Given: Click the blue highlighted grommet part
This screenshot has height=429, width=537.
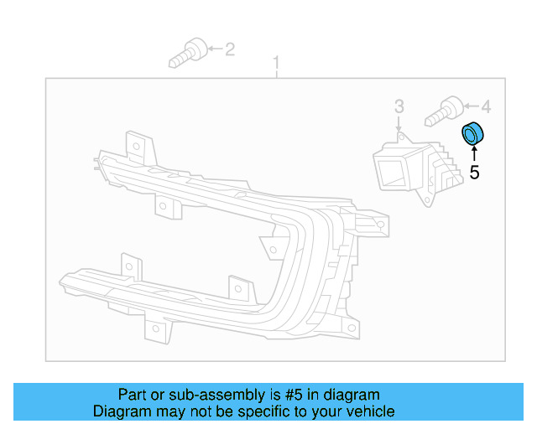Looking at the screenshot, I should (x=475, y=132).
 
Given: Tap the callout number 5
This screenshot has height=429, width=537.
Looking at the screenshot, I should (x=474, y=173).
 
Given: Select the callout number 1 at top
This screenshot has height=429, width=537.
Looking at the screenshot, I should (x=276, y=62).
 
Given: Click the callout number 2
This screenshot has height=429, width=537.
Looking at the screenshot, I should (x=230, y=49).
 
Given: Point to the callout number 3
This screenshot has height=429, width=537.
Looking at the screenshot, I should (x=399, y=106).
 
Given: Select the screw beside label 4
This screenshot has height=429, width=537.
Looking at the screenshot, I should (x=445, y=110).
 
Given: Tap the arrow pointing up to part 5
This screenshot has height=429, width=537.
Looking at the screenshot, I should (x=474, y=153).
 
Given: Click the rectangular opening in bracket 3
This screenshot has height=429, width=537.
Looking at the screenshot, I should (x=389, y=171).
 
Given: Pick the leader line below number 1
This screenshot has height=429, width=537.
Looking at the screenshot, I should (x=276, y=74).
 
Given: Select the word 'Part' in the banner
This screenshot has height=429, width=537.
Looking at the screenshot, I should (x=133, y=395).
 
